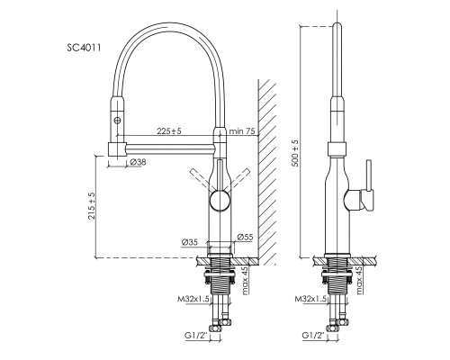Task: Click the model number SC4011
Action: pos(84,48)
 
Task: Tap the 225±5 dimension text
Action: pos(169,130)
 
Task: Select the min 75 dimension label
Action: pos(242,131)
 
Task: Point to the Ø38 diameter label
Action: pos(139,162)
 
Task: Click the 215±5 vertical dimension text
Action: pos(92,206)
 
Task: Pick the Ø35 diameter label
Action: pos(190,242)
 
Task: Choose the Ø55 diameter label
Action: pos(245,237)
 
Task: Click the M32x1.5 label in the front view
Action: pos(193,299)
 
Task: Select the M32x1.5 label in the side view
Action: pos(310,299)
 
